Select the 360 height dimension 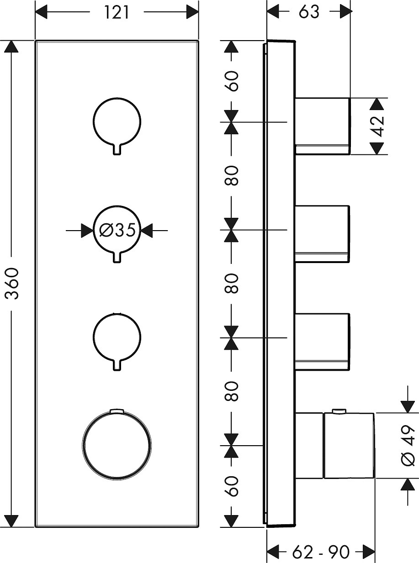point(14,284)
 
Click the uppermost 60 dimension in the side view point(232,81)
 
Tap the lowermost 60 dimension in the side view point(232,486)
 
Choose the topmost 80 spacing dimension point(232,176)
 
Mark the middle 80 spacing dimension point(232,284)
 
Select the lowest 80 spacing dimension point(232,391)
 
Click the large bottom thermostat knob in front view point(117,445)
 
